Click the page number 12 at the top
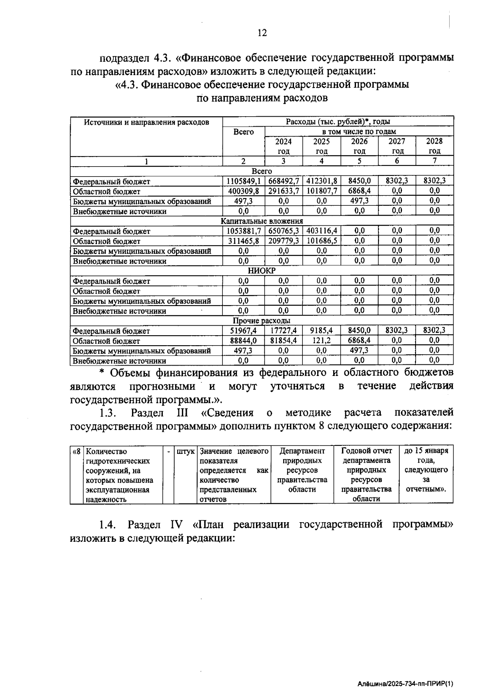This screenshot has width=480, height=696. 262,33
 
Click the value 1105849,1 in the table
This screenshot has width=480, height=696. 243,181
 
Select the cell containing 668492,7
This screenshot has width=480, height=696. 283,181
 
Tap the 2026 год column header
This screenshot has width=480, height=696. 359,146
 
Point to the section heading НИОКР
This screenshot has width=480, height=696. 262,270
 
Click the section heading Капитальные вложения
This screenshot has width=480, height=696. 262,221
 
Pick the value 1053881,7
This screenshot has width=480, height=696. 243,231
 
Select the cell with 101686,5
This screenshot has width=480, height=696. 322,241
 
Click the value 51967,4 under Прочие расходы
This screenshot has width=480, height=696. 243,331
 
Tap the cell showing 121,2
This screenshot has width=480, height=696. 322,340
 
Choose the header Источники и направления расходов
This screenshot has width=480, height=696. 146,122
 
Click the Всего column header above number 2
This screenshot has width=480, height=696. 243,132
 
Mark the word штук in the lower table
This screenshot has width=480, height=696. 186,451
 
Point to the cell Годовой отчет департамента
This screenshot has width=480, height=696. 366,455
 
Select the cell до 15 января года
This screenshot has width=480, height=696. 426,455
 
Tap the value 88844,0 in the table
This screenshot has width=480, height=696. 243,340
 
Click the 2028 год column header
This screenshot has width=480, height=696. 434,146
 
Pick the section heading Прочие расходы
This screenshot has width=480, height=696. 262,321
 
